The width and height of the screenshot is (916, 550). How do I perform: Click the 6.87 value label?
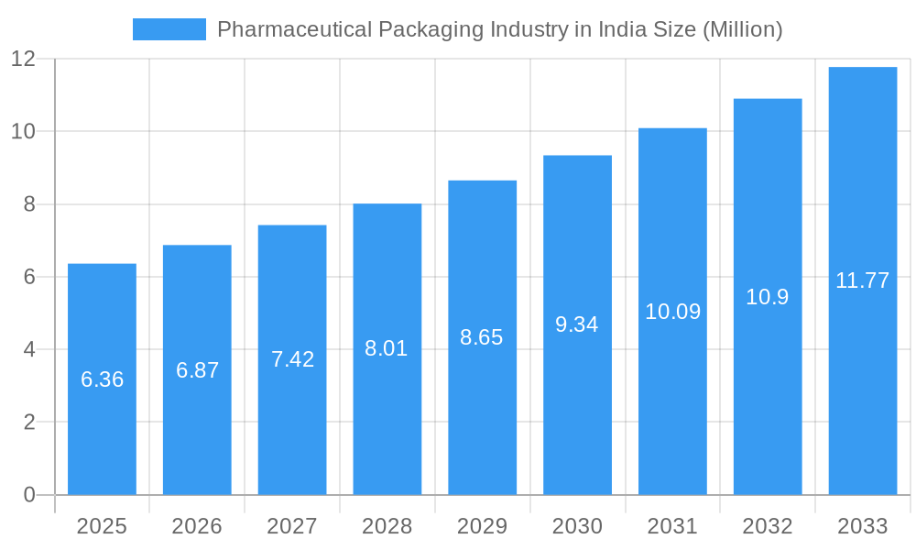(x=197, y=370)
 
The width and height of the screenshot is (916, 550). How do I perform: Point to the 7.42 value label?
(x=292, y=359)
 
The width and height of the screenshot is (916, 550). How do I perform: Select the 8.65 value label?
(x=482, y=337)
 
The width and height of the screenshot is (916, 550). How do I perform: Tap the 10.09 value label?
(x=672, y=312)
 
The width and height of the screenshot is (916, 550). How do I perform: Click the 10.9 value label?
(x=768, y=297)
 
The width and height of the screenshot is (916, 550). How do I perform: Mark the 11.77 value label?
(x=862, y=280)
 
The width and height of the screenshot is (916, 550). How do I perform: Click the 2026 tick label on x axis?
(x=197, y=526)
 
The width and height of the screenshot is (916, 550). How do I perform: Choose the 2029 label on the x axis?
(x=482, y=526)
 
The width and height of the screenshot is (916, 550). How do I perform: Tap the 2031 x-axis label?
(x=672, y=526)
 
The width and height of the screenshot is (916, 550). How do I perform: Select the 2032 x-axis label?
(x=768, y=526)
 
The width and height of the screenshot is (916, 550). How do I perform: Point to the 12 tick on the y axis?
(x=23, y=59)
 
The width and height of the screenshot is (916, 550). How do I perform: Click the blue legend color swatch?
(x=169, y=29)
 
